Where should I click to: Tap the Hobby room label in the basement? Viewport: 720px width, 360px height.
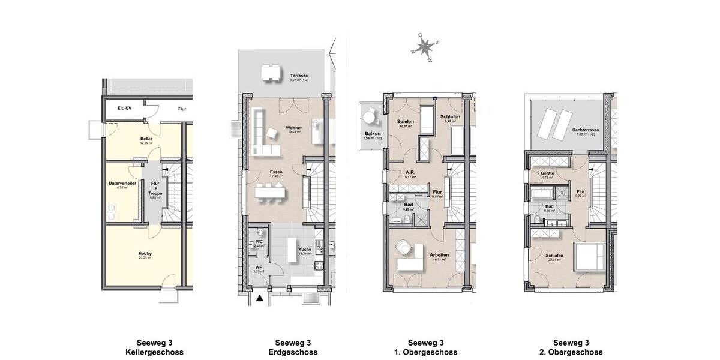click(145, 254)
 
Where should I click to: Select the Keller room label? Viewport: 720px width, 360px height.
click(146, 139)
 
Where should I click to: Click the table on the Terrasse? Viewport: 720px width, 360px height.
click(271, 73)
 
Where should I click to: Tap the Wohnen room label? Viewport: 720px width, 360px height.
click(293, 128)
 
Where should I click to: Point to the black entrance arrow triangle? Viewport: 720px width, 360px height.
click(260, 298)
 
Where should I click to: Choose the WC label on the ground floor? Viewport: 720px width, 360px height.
click(259, 241)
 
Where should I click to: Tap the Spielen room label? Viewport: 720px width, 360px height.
click(406, 122)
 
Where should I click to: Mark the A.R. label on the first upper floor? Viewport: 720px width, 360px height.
click(411, 172)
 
